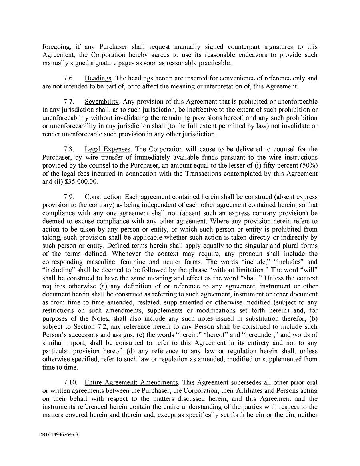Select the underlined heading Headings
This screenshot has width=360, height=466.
[x=98, y=78]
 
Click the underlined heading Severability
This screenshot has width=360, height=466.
[x=102, y=102]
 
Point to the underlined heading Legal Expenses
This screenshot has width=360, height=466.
[x=108, y=149]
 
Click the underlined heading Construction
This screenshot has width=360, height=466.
[x=103, y=197]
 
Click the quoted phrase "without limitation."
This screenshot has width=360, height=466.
[x=242, y=270]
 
